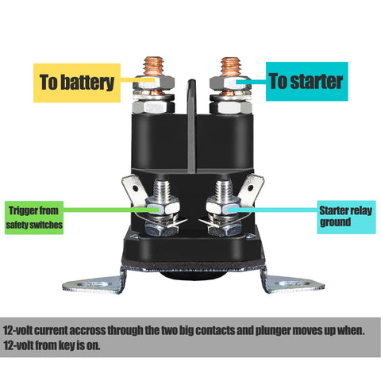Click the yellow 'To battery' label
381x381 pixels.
point(77,83)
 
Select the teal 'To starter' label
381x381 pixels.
point(306,82)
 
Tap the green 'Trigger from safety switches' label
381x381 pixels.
point(34,217)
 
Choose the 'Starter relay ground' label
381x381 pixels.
point(346,217)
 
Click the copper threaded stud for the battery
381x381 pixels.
point(153,66)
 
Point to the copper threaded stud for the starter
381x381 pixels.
point(230,67)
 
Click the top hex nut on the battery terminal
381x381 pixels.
point(153,83)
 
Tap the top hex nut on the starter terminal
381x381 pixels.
point(230,83)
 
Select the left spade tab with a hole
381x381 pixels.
point(134,190)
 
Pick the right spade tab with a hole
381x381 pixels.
point(251,190)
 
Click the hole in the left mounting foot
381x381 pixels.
point(94,285)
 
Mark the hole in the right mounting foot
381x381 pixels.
point(293,284)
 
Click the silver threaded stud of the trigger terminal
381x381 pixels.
point(162,190)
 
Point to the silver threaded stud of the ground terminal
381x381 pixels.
point(224,190)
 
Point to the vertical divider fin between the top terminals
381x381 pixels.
point(192,126)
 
